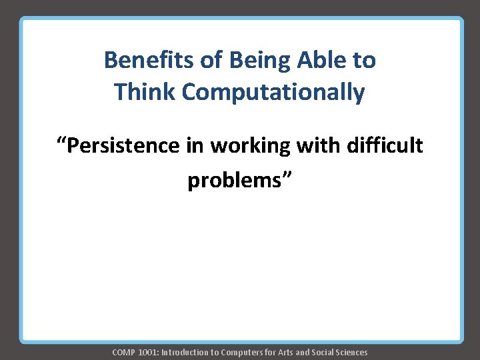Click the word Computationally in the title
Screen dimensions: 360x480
coord(273,92)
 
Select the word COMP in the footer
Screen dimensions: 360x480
coord(124,352)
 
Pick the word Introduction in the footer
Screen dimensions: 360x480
coord(184,352)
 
